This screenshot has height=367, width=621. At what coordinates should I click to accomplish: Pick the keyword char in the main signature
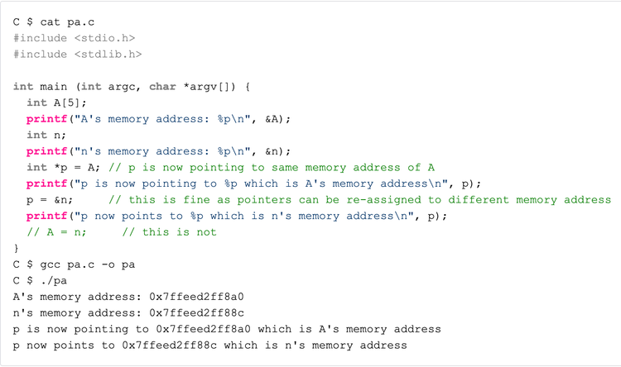(162, 87)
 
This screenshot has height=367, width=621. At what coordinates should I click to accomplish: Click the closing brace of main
(17, 248)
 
